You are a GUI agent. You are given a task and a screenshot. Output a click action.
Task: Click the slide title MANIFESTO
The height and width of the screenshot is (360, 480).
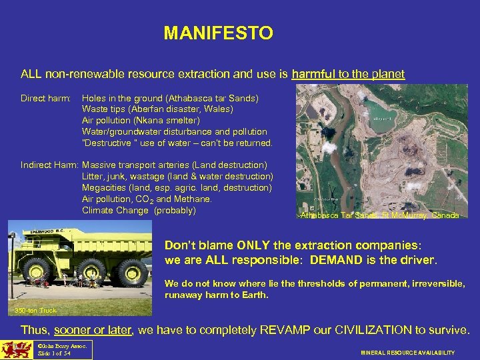click(218, 33)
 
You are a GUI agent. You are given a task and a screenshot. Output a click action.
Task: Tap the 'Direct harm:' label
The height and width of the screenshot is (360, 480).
click(45, 98)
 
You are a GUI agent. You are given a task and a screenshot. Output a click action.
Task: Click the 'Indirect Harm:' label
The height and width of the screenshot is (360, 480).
click(50, 165)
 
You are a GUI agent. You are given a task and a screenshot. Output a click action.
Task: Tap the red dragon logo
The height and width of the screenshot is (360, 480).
click(15, 350)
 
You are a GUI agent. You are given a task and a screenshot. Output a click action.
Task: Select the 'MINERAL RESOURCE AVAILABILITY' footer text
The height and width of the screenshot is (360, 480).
click(407, 353)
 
